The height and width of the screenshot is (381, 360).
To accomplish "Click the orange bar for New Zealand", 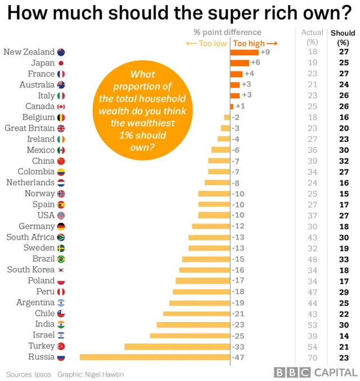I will click(x=244, y=52).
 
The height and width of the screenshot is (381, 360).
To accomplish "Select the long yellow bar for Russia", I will click(x=155, y=357).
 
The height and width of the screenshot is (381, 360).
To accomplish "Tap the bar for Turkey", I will click(x=177, y=346).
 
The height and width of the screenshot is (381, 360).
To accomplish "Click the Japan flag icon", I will click(x=61, y=63).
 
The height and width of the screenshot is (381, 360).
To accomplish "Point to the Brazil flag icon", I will click(x=61, y=259).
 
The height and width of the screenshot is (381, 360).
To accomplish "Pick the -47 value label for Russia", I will click(x=239, y=357).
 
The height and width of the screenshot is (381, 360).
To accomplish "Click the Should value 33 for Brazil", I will click(x=343, y=259).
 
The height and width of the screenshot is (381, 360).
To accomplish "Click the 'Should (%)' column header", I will click(x=343, y=38).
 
